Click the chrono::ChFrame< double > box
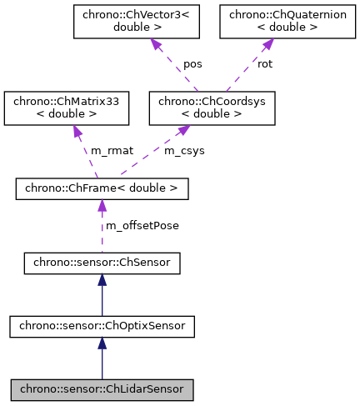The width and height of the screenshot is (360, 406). click(x=102, y=189)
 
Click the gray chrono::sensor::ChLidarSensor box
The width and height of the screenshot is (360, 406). click(x=102, y=388)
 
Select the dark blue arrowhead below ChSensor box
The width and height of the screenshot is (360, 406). click(x=102, y=284)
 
